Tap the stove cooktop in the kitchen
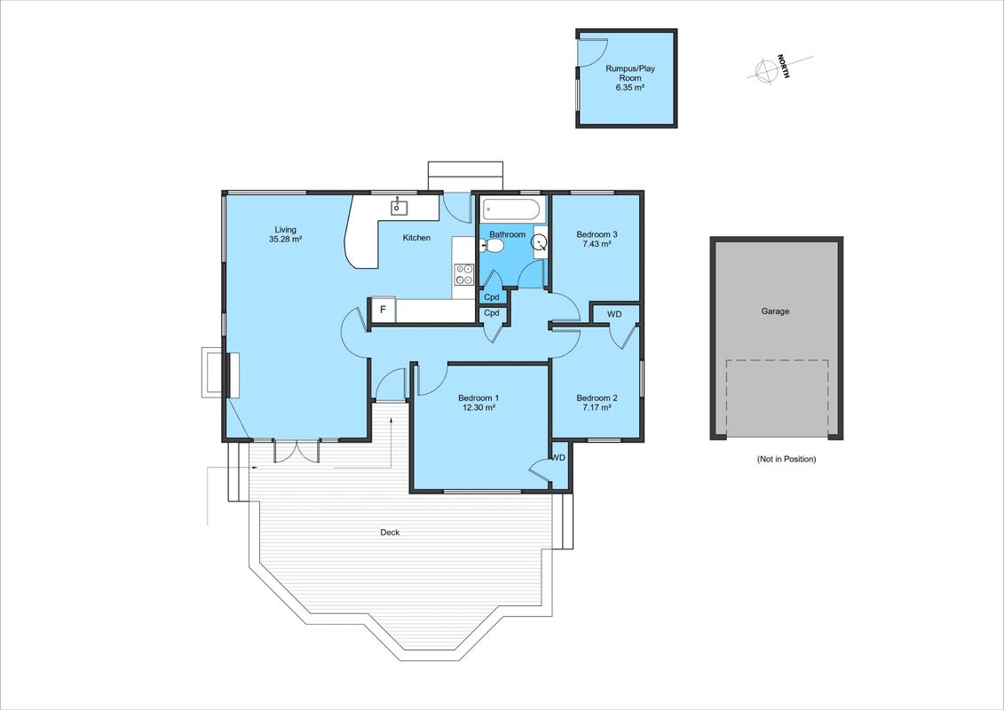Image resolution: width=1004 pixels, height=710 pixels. (x=464, y=274)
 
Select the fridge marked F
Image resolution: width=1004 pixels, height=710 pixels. (x=383, y=310)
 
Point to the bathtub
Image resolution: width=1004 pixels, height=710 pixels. (x=513, y=209)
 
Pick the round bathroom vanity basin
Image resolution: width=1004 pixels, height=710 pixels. (x=541, y=242)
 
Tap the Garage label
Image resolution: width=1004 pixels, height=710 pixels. (x=775, y=312)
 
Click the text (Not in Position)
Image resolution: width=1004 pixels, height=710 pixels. (x=786, y=459)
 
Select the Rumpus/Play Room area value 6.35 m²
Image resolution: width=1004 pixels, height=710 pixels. (x=630, y=88)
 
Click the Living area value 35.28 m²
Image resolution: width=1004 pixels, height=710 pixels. (x=286, y=240)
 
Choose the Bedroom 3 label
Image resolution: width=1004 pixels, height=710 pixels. (x=597, y=234)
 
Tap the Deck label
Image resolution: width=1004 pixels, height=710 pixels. (x=390, y=532)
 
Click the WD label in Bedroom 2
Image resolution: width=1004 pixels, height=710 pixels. (x=614, y=314)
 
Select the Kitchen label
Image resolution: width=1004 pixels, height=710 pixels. (x=416, y=238)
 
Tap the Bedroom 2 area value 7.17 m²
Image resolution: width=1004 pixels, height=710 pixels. (x=596, y=406)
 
